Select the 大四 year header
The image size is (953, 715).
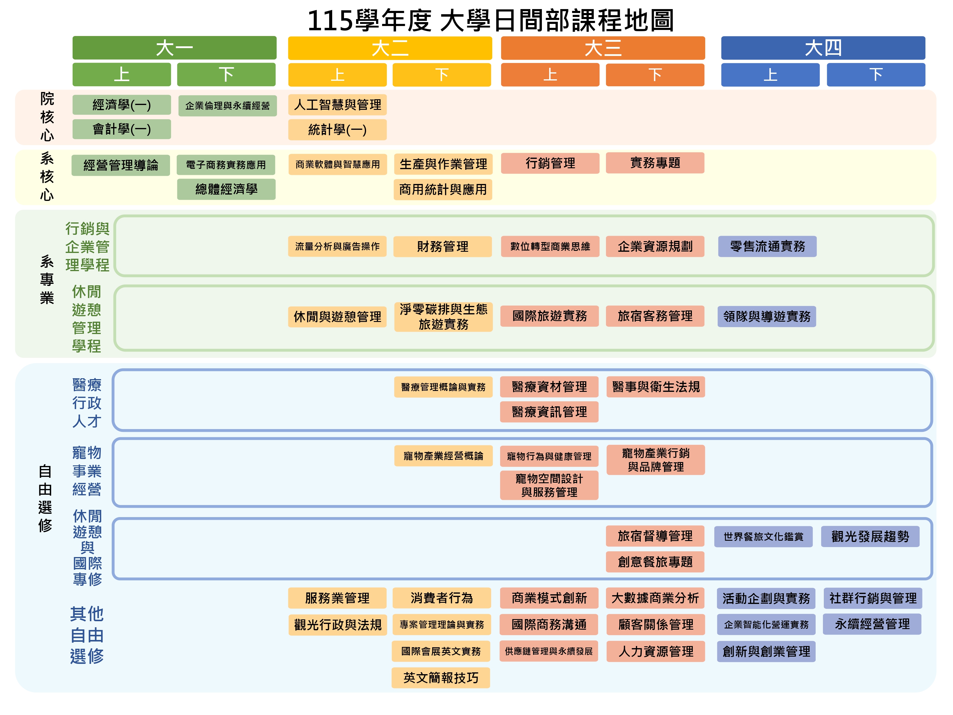823,48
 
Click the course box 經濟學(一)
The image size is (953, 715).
122,105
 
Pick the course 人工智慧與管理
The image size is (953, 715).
337,105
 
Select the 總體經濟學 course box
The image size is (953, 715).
226,189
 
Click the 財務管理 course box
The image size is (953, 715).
442,247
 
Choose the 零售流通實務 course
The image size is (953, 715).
767,247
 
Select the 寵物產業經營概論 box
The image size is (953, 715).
443,456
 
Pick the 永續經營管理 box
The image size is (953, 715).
872,624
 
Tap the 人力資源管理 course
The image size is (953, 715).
655,651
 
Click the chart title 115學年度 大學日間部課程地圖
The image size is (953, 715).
490,20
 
